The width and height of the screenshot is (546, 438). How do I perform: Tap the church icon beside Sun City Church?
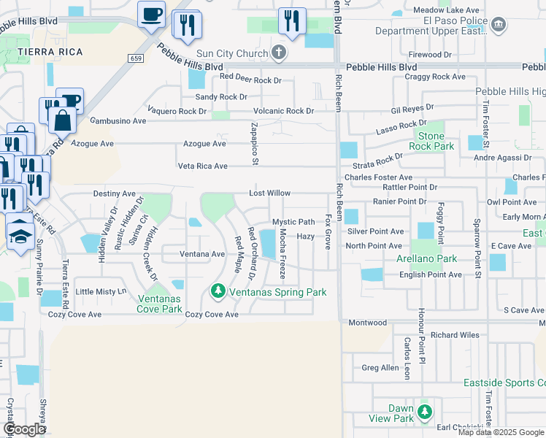pyautogui.click(x=278, y=53)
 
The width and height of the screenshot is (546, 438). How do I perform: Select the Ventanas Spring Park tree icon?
pyautogui.click(x=217, y=292)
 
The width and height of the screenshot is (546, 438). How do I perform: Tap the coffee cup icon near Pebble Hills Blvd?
pyautogui.click(x=151, y=14)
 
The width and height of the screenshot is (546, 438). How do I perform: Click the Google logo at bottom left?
pyautogui.click(x=24, y=429)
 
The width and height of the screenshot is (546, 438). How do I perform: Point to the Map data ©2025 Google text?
pyautogui.click(x=501, y=432)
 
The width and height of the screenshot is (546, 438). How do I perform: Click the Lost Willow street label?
pyautogui.click(x=269, y=193)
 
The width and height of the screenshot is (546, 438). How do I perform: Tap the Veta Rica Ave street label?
pyautogui.click(x=203, y=166)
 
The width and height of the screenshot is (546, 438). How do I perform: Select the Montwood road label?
pyautogui.click(x=367, y=323)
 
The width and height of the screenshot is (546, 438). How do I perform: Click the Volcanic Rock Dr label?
pyautogui.click(x=283, y=111)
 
